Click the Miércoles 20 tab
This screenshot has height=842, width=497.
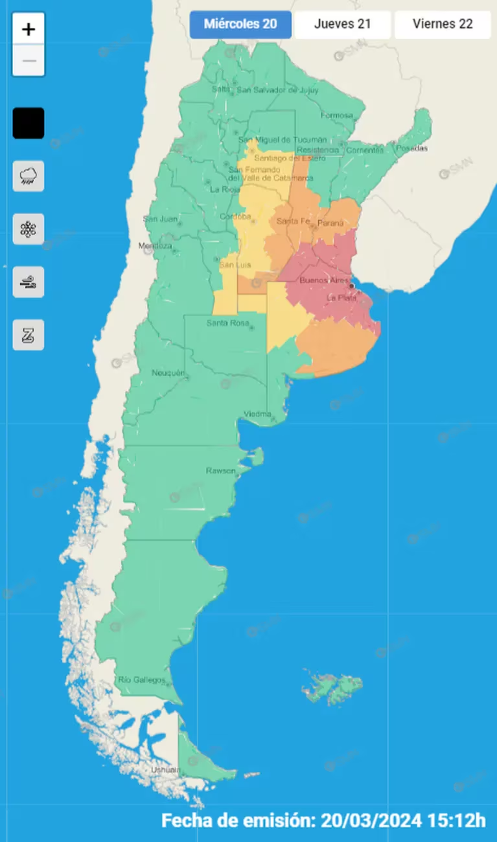[x=240, y=24]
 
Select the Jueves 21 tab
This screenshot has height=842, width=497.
[x=342, y=24]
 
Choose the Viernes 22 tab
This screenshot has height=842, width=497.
[x=442, y=24]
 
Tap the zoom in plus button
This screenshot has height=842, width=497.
[x=29, y=29]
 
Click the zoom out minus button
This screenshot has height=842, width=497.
[x=29, y=61]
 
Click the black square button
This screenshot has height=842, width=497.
[x=29, y=123]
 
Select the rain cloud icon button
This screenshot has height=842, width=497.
[x=29, y=176]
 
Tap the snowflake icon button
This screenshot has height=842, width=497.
[x=29, y=229]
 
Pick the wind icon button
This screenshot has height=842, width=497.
[x=29, y=282]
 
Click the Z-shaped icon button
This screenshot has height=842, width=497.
[x=29, y=335]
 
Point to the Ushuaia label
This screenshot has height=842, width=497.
[x=165, y=770]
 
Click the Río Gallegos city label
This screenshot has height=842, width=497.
[x=142, y=680]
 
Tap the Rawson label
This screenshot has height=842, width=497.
[x=220, y=471]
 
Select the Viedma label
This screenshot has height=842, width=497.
[x=257, y=414]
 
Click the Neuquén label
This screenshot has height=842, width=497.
[x=168, y=373]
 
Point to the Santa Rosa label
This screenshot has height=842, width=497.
[x=228, y=323]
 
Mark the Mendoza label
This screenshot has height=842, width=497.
[x=155, y=246]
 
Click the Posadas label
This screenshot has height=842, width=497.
[x=412, y=148]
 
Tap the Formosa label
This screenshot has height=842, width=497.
[x=337, y=115]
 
